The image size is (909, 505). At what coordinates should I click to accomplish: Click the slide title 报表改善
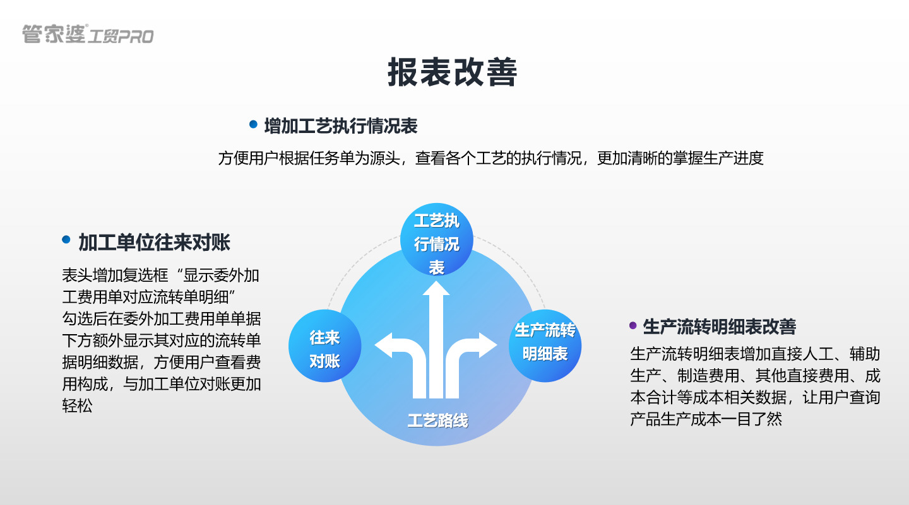tap(452, 73)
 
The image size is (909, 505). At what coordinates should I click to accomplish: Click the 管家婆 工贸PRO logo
tap(88, 34)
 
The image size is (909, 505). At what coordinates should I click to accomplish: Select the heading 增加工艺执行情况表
tap(341, 126)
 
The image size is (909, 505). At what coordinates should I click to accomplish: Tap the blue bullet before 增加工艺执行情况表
tap(254, 125)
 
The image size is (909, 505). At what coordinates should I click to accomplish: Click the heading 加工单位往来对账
tap(154, 242)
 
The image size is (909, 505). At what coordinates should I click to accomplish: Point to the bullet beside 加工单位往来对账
tap(66, 240)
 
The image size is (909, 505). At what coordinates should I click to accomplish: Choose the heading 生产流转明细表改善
tap(719, 327)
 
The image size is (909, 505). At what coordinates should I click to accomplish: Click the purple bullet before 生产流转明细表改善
tap(633, 325)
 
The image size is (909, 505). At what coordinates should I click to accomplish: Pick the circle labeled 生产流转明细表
tap(545, 342)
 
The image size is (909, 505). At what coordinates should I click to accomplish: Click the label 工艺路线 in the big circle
tap(437, 421)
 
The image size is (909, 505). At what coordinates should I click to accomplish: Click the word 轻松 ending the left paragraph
tap(77, 406)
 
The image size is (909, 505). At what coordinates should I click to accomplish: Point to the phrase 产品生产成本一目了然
tap(706, 419)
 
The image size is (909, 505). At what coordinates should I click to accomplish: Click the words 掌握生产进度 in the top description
tap(718, 158)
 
